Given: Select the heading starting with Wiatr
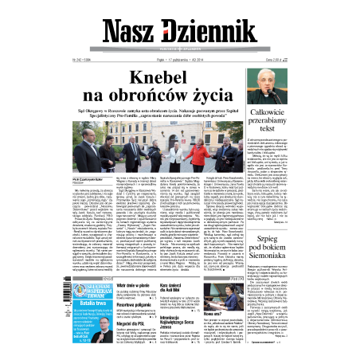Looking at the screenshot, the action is pos(113,284).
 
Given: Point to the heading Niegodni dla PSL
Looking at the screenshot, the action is pos(114,325).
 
